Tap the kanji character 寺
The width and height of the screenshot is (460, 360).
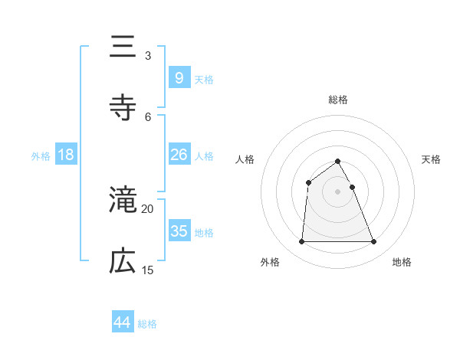click(x=123, y=108)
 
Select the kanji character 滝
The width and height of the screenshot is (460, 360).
click(x=123, y=200)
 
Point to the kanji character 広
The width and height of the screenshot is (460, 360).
click(x=123, y=261)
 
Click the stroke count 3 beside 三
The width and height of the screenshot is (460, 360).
click(x=147, y=55)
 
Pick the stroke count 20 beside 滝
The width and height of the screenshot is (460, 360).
click(x=148, y=208)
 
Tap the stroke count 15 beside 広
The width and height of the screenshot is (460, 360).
click(x=148, y=270)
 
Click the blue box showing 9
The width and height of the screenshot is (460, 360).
click(x=179, y=77)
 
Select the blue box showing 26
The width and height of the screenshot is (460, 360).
click(x=179, y=155)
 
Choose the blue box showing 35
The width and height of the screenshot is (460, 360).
click(x=179, y=231)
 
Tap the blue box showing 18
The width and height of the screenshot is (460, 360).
click(x=66, y=155)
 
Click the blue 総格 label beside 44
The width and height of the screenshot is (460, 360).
click(x=147, y=324)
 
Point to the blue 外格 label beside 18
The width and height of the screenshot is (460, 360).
click(x=41, y=156)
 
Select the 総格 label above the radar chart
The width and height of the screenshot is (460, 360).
click(x=338, y=100)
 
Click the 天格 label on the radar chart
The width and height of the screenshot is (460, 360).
click(x=431, y=159)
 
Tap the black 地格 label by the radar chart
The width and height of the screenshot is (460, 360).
click(x=402, y=262)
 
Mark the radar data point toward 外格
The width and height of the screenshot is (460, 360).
click(x=301, y=242)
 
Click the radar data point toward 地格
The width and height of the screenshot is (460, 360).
click(x=374, y=242)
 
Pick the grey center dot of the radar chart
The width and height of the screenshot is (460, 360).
click(x=338, y=191)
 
